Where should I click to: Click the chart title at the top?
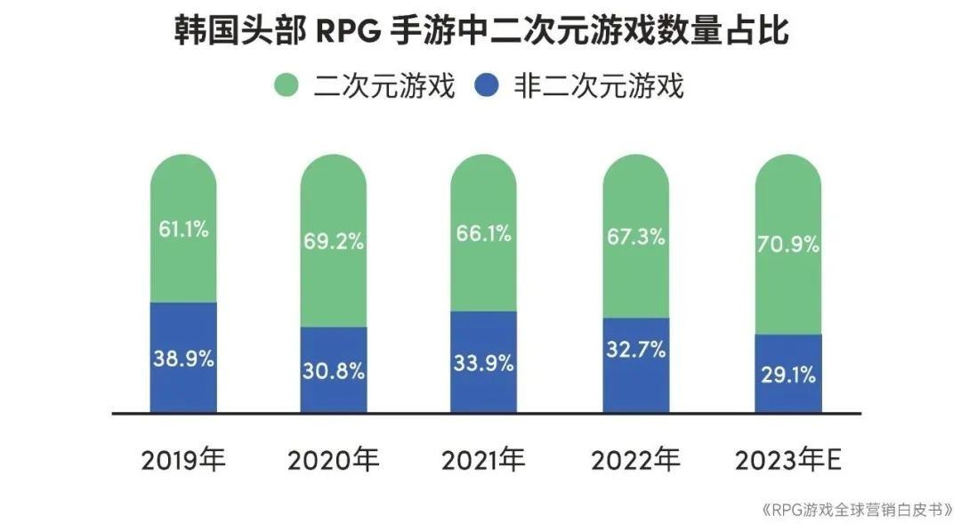(480, 32)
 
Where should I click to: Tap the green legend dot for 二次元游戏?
(285, 86)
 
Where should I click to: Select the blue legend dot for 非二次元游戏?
(487, 86)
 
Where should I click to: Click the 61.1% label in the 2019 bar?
(183, 230)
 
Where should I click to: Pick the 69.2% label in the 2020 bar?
(334, 241)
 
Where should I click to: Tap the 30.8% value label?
(334, 371)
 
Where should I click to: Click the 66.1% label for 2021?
(483, 234)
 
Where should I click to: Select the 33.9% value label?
(483, 363)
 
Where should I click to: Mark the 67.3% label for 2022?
(635, 238)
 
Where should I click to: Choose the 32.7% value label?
(635, 350)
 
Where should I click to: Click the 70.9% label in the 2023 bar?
(787, 243)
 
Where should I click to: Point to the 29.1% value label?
(787, 375)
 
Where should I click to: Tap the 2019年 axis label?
(184, 460)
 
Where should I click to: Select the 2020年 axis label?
(334, 460)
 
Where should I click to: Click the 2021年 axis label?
(483, 460)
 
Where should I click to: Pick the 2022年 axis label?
(635, 460)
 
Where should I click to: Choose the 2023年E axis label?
(787, 460)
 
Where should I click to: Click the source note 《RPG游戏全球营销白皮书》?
(857, 510)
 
